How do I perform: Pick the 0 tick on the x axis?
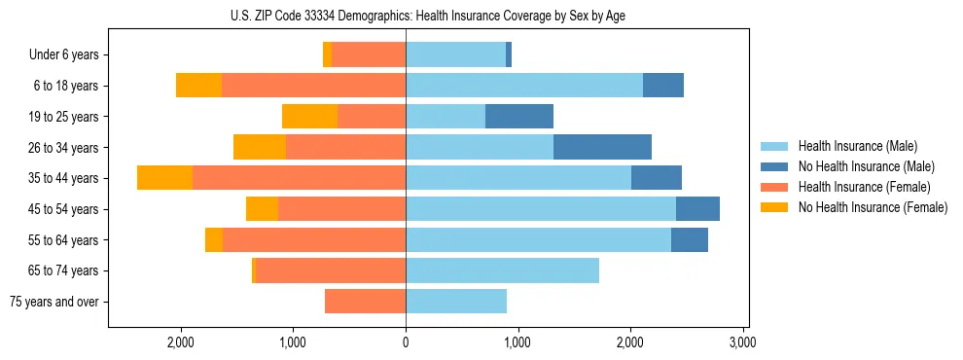point(406,343)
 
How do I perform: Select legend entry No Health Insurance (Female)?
point(873,207)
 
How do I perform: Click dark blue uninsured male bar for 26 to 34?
point(602,147)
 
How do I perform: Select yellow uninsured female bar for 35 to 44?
point(164,178)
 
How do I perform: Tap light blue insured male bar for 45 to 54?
point(541,209)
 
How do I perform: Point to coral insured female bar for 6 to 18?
point(313,86)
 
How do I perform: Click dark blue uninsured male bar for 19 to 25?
point(519,117)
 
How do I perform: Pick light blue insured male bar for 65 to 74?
point(502,270)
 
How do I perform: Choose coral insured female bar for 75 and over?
point(365,302)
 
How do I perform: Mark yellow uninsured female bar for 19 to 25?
point(309,117)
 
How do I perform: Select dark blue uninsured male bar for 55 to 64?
point(689,239)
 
